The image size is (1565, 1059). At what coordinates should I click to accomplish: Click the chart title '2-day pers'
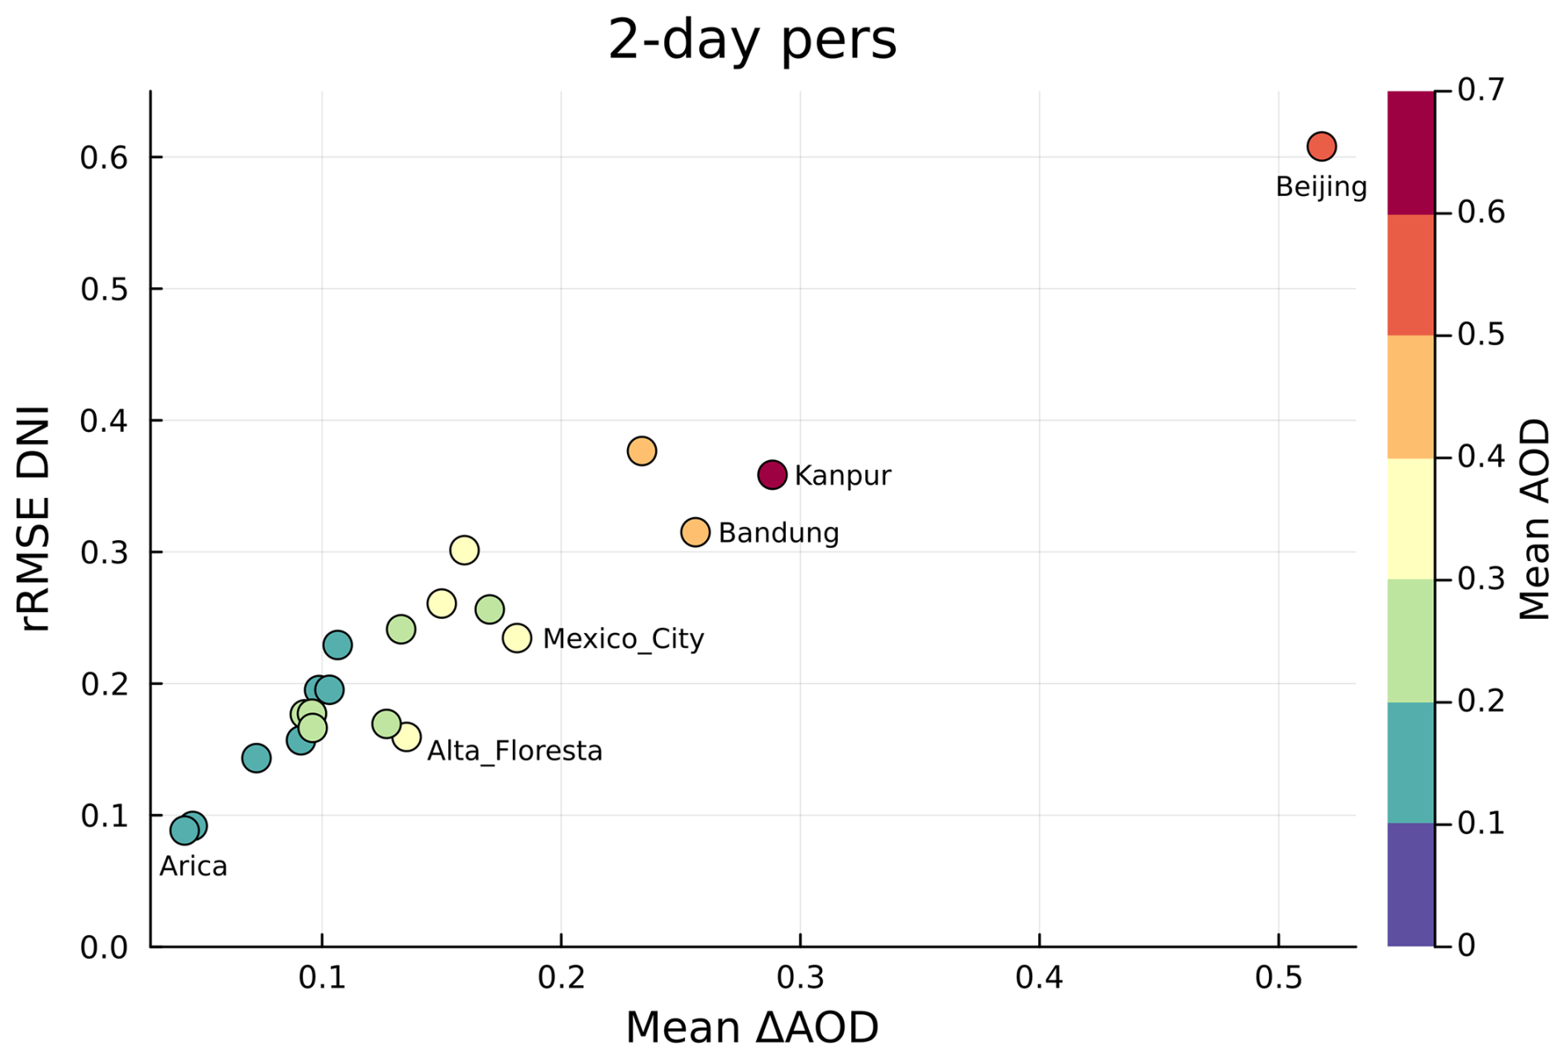click(752, 40)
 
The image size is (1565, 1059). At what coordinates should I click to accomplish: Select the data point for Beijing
click(1322, 146)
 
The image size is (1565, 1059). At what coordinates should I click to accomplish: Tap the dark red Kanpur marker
click(772, 475)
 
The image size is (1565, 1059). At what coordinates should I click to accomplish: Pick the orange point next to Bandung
click(696, 532)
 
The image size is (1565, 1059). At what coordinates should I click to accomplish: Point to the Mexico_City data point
click(517, 638)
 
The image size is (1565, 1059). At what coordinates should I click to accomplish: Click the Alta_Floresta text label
click(514, 751)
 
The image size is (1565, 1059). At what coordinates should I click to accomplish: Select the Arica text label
click(194, 866)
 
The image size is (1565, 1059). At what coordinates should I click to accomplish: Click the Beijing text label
click(1321, 187)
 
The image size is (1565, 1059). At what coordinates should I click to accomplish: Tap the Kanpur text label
click(843, 476)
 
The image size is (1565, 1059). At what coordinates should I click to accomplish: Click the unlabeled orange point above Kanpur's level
click(642, 451)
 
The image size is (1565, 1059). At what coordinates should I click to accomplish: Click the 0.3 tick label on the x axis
click(800, 979)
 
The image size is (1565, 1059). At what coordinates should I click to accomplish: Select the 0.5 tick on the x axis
click(1278, 979)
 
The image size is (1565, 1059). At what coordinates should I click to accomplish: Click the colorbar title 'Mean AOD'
click(1535, 519)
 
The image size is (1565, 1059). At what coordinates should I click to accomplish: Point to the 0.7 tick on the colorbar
click(1480, 90)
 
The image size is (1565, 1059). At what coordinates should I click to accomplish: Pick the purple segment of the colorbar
click(1410, 884)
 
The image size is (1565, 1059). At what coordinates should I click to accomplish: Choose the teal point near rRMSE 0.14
click(256, 758)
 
